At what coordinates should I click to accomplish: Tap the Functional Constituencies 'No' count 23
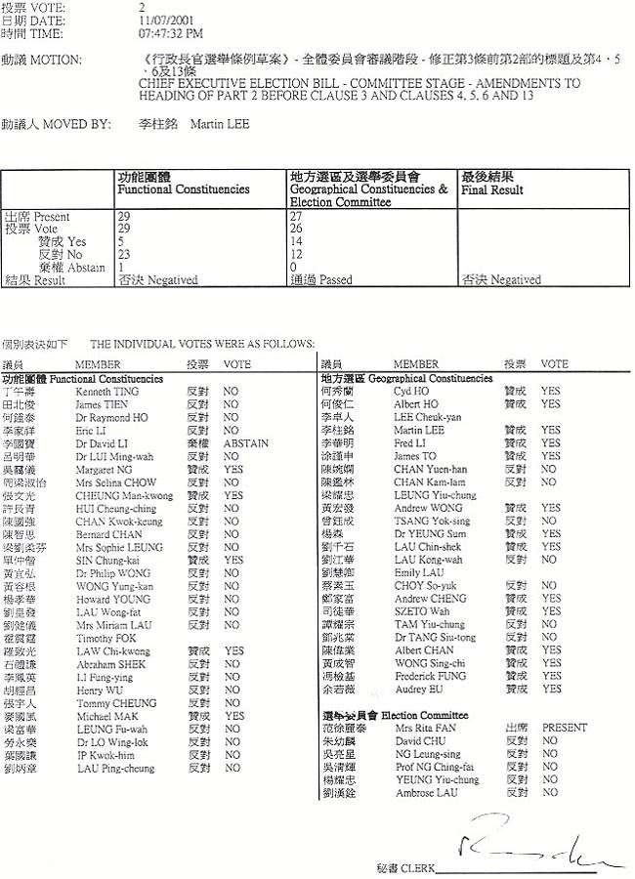(x=123, y=254)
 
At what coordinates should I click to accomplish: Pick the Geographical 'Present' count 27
(x=297, y=216)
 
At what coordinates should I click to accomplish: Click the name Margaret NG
(x=103, y=468)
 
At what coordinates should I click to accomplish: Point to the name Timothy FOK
(x=102, y=638)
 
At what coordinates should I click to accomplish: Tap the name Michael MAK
(x=102, y=716)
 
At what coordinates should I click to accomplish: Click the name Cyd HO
(x=411, y=391)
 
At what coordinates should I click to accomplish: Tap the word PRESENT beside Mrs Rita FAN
(x=565, y=728)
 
